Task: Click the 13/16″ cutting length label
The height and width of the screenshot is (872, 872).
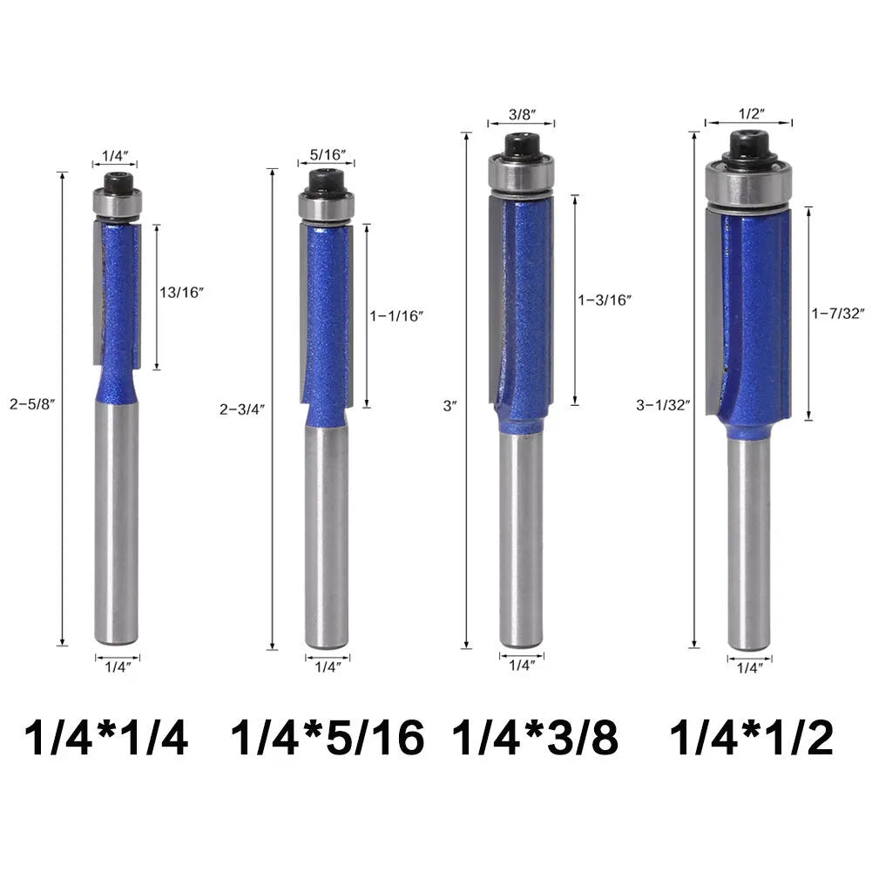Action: (182, 293)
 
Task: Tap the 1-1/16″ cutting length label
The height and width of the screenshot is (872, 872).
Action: (397, 316)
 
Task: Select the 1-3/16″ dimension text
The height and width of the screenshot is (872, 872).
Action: (605, 301)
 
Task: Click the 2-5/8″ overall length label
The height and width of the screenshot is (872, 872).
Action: (33, 404)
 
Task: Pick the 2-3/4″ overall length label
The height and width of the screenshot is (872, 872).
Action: (242, 409)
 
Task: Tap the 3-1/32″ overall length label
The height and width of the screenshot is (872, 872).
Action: (663, 405)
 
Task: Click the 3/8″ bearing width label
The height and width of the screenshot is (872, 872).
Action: (522, 115)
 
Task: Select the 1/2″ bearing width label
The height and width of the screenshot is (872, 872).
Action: (752, 113)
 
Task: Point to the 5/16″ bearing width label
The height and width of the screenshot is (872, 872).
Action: (328, 154)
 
